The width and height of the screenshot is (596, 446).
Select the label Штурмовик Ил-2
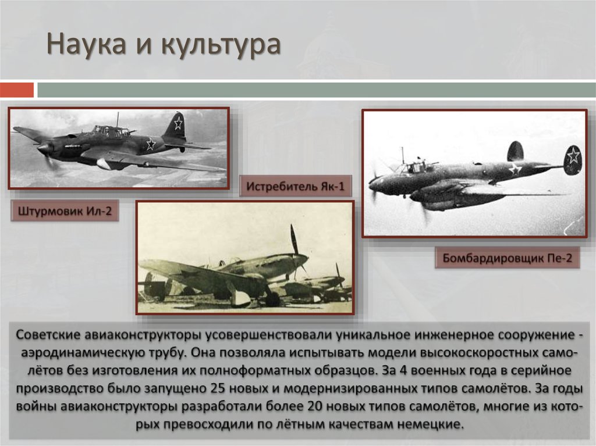[x=64, y=212]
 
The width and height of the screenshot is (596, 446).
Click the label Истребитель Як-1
[x=296, y=187]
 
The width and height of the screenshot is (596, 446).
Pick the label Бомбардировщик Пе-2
[x=508, y=258]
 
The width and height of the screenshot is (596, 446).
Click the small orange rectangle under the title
[x=17, y=90]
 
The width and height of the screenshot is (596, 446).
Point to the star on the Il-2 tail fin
[x=178, y=123]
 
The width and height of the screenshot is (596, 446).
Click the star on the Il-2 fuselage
[x=150, y=144]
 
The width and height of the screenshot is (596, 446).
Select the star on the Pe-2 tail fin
[x=573, y=155]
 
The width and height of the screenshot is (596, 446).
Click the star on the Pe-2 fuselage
[x=515, y=169]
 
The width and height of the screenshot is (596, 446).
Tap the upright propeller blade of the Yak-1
[x=294, y=239]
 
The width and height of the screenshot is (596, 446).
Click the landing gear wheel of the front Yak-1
[x=272, y=299]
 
